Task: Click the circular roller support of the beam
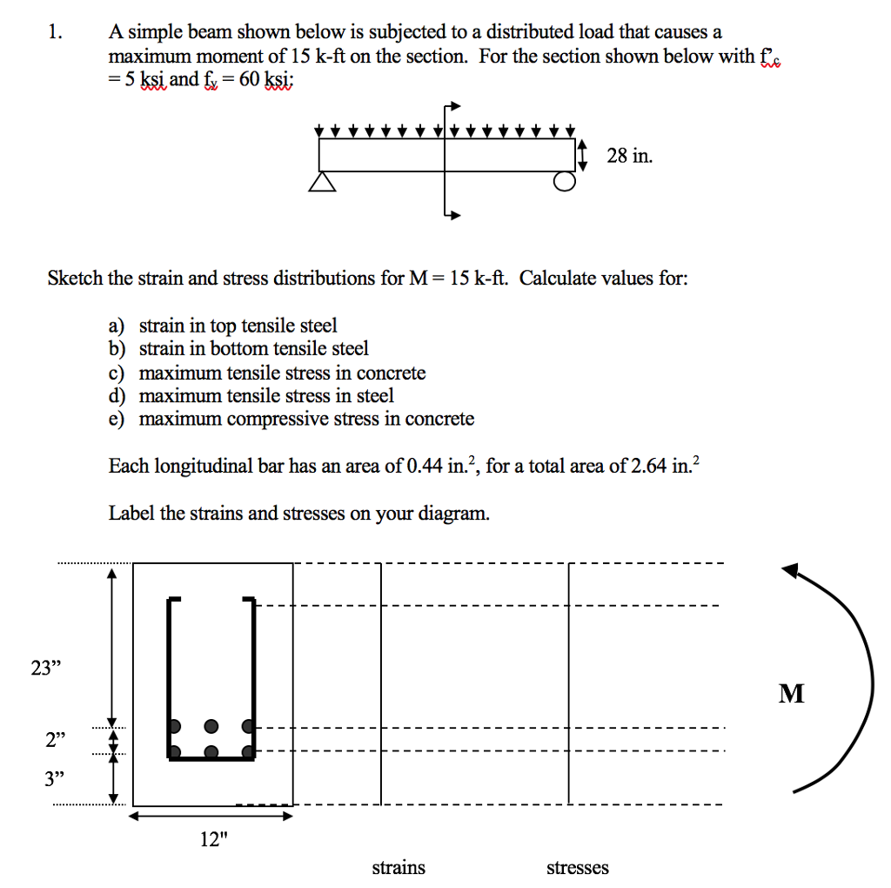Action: [565, 181]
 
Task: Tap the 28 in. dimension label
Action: [629, 157]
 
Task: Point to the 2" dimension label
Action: [56, 741]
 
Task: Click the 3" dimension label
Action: [56, 777]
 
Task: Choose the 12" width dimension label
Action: [213, 839]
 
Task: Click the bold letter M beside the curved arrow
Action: [792, 694]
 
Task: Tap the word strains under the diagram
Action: [399, 867]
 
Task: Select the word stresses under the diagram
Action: [578, 867]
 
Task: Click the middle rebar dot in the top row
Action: [211, 725]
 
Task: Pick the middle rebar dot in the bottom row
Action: [211, 751]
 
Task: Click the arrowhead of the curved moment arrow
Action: [791, 571]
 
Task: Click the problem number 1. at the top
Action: [56, 33]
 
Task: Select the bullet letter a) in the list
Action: [117, 326]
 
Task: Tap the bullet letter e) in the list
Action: [117, 420]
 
